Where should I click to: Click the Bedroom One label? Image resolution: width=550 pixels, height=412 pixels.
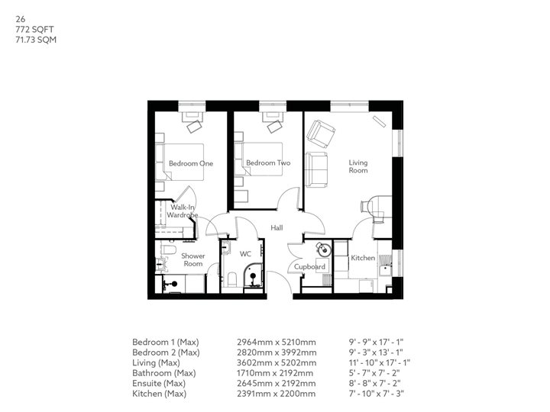pos(190,163)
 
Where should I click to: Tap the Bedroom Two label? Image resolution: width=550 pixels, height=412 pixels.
pos(267,163)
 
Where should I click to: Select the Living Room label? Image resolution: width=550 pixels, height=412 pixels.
pos(358,166)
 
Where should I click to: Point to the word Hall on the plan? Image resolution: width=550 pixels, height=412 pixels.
pos(277,227)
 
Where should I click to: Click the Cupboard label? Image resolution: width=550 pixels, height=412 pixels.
pos(311,267)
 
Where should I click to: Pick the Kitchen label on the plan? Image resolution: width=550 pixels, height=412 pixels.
pos(362,258)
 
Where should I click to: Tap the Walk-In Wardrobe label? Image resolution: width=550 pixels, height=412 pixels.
pos(183,211)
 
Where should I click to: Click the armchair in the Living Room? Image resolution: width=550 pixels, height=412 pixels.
pos(321,134)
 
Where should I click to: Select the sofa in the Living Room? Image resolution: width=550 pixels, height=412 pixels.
pos(315,169)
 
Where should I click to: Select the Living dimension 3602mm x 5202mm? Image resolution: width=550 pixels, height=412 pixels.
pos(277,362)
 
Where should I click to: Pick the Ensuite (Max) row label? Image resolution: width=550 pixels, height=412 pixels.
pos(165,383)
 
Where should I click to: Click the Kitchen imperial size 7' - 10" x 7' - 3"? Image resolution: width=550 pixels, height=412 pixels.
pos(376,394)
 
